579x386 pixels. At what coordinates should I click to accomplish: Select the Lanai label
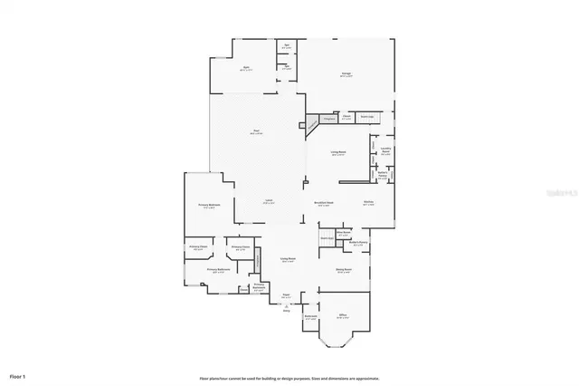click(x=269, y=200)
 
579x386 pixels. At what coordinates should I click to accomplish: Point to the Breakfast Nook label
click(x=323, y=203)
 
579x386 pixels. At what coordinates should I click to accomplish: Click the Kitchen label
click(x=368, y=203)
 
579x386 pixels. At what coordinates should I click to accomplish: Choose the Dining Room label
click(x=343, y=270)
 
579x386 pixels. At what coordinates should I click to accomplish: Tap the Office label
click(x=342, y=316)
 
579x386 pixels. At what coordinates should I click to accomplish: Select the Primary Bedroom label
click(x=209, y=206)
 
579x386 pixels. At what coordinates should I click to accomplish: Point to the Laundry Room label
click(x=384, y=151)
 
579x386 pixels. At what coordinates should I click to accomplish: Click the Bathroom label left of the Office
click(x=310, y=317)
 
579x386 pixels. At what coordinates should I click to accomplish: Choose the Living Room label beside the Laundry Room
click(x=338, y=154)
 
